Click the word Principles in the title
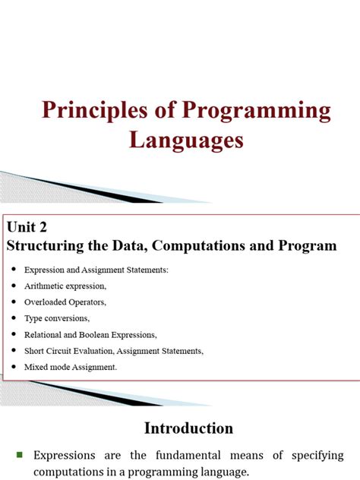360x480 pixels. [x=96, y=112]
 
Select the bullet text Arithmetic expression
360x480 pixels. [x=65, y=286]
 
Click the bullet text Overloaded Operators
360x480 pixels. [x=65, y=302]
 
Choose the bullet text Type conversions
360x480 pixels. [x=57, y=317]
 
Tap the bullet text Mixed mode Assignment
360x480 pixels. [x=71, y=366]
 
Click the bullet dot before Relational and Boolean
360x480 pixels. [x=14, y=334]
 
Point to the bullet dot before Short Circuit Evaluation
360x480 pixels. [x=14, y=350]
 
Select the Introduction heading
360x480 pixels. [x=189, y=428]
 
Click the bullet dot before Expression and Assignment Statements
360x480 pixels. [x=14, y=270]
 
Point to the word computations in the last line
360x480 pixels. [x=69, y=471]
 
